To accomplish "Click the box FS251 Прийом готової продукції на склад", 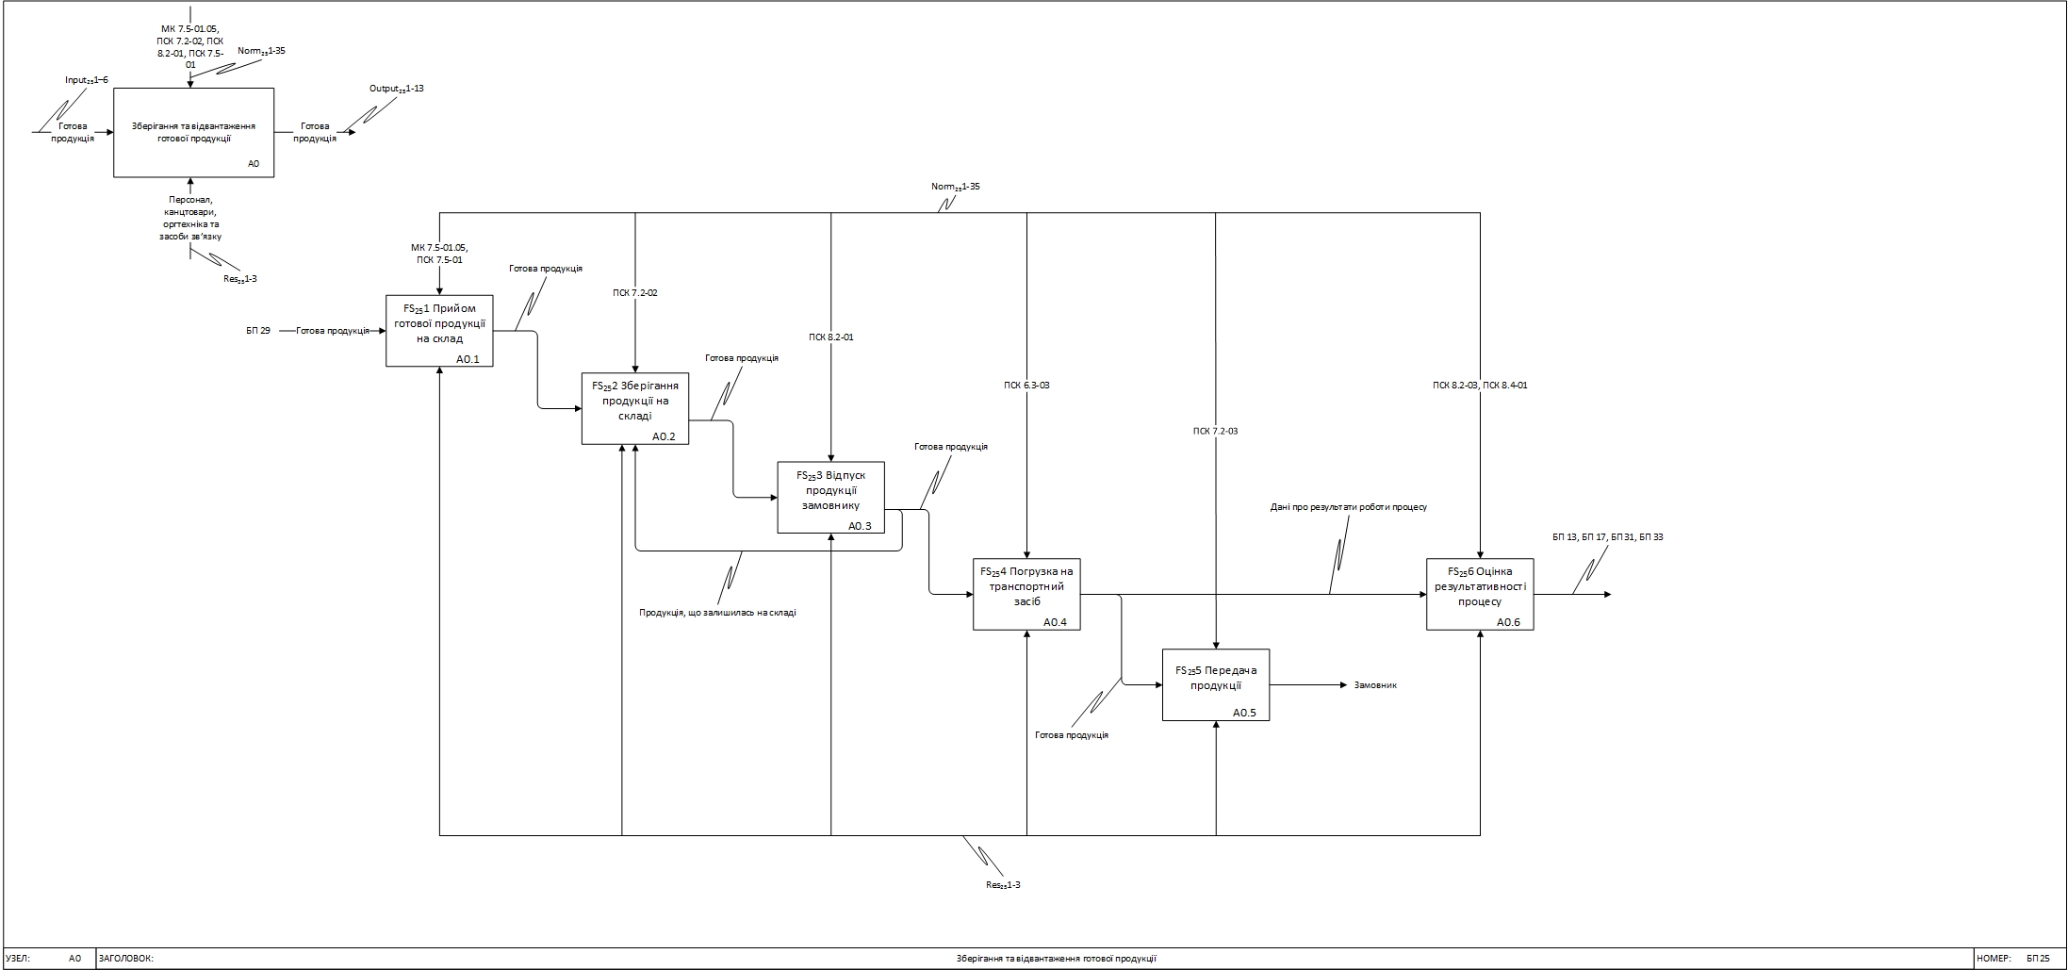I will click(439, 330).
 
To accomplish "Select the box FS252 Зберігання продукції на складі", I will click(634, 407).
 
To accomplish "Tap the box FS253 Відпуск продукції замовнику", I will click(830, 497).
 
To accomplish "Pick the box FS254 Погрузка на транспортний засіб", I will click(1026, 593).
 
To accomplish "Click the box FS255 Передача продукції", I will click(1215, 684).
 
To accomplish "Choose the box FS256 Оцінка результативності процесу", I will click(1479, 593).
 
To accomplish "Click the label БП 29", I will click(258, 331).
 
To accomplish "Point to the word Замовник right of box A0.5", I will click(1375, 685).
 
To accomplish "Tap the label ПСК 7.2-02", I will click(635, 293).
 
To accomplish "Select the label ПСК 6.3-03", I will click(1026, 386).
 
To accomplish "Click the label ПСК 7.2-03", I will click(1215, 432).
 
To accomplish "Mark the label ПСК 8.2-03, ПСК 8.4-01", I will click(1480, 386).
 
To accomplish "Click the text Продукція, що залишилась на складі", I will click(717, 613).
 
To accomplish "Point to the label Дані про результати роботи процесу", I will click(1348, 507).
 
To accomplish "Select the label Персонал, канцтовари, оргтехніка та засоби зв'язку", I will click(190, 218).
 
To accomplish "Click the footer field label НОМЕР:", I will click(1994, 959).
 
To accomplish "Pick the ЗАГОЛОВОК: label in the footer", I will click(125, 959).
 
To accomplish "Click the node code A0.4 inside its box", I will click(1055, 622).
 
